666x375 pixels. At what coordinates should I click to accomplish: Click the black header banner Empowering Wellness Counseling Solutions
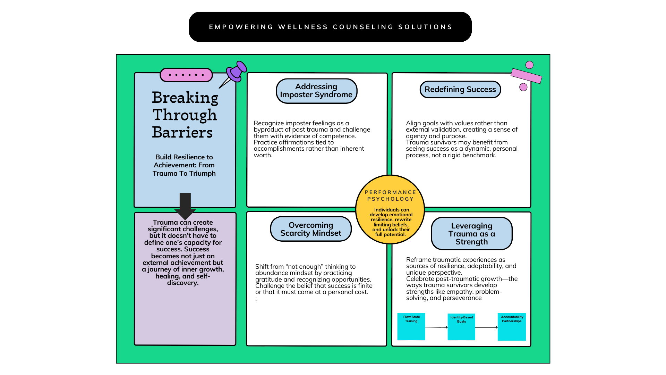[330, 27]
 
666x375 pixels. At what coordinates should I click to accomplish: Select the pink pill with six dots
[186, 75]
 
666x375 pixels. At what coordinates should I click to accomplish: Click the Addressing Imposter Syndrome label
[316, 91]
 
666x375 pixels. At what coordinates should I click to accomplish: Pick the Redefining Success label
[460, 89]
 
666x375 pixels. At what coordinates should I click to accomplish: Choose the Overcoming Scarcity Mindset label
[311, 229]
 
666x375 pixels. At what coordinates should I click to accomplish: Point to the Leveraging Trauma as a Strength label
[472, 233]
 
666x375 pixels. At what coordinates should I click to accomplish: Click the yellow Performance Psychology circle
[390, 209]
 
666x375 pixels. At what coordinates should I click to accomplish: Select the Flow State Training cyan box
[411, 326]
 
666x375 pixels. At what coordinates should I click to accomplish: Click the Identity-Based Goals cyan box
[461, 327]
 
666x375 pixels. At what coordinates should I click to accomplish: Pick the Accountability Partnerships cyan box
[512, 327]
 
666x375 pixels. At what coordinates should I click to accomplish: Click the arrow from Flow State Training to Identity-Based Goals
[436, 327]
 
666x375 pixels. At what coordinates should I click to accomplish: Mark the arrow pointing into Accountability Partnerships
[487, 327]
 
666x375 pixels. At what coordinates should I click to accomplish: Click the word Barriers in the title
[182, 132]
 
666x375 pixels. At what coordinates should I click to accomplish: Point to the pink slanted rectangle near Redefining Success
[526, 76]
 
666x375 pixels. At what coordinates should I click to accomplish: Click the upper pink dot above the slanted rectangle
[529, 65]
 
